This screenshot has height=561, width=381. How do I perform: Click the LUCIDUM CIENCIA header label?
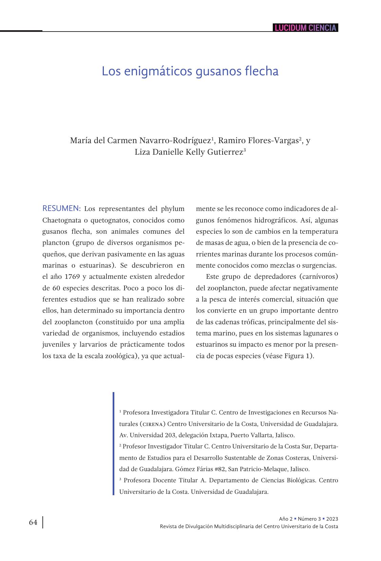click(x=305, y=28)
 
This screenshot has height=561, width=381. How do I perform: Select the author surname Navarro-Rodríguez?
click(x=175, y=140)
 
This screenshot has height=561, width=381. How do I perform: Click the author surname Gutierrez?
click(x=224, y=152)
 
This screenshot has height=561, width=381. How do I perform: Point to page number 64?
click(x=33, y=522)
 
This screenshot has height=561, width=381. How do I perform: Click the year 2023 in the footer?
click(x=332, y=519)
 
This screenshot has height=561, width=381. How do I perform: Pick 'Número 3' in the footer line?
click(x=309, y=519)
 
